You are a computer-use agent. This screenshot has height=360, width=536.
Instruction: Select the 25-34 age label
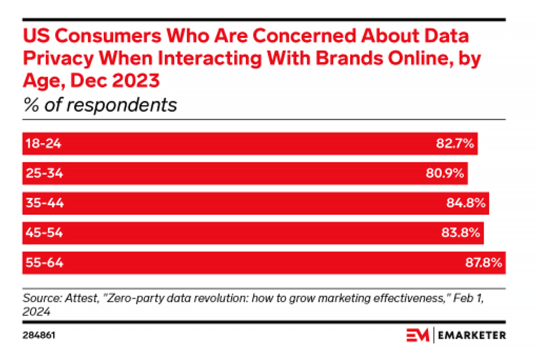(43, 173)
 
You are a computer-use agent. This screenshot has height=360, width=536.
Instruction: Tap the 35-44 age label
(44, 203)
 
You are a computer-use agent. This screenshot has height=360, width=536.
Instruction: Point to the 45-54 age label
(44, 233)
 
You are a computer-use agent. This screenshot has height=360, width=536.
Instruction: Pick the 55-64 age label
(44, 263)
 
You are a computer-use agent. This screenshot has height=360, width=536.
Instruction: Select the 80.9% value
(445, 173)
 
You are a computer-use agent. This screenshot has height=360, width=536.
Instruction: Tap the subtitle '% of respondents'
(100, 105)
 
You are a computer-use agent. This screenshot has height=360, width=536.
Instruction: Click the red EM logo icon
(418, 335)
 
